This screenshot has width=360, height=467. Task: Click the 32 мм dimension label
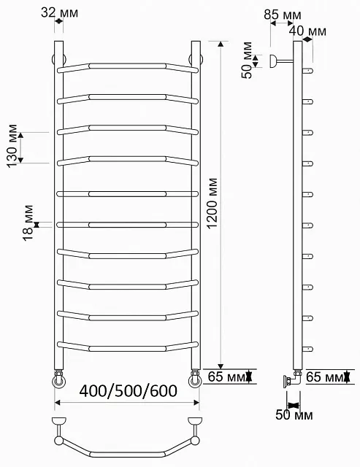point(60,12)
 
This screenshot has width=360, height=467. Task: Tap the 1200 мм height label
point(212,204)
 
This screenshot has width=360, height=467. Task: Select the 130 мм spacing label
point(12,146)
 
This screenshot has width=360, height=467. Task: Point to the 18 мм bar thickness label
point(28,223)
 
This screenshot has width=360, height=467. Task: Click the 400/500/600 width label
point(128,391)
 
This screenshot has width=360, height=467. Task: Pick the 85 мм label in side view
point(282,15)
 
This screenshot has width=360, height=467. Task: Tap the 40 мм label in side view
point(308,31)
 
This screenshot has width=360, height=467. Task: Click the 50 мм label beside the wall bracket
point(247,61)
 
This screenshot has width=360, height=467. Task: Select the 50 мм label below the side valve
point(294,415)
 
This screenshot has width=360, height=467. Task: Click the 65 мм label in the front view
point(226,377)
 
